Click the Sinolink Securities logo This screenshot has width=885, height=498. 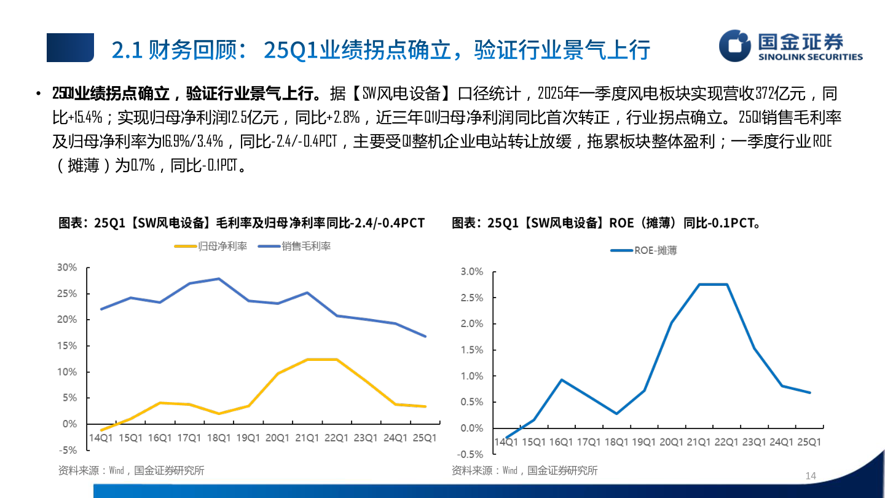click(790, 47)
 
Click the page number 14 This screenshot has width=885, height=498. click(810, 476)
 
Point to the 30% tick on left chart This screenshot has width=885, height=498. click(66, 267)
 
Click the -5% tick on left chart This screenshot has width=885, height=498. click(68, 450)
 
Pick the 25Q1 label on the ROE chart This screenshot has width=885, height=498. click(809, 442)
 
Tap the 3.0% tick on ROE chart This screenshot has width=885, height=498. click(471, 272)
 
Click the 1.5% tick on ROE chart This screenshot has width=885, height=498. click(471, 350)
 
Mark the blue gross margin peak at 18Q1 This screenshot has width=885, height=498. click(219, 279)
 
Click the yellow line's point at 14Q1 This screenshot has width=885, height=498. click(100, 430)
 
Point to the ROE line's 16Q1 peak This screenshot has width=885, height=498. click(561, 380)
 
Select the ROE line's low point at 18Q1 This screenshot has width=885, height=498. click(616, 414)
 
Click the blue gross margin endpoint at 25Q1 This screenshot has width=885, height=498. click(425, 336)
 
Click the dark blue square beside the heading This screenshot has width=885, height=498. click(70, 48)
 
